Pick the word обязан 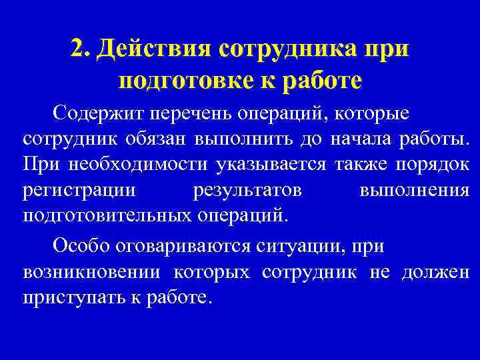click(x=159, y=139)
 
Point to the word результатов click(x=247, y=191)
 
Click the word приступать click(x=72, y=297)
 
